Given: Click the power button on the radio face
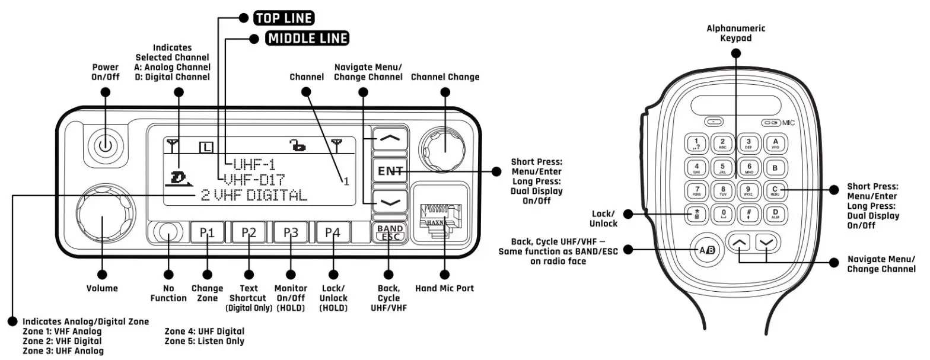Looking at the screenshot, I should click(105, 145).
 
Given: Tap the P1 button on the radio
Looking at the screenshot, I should click(206, 232).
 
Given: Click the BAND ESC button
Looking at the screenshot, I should click(389, 232).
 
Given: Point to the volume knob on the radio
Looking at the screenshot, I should click(102, 218).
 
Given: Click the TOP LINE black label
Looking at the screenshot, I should click(284, 18).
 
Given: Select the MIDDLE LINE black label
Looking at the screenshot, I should click(307, 39).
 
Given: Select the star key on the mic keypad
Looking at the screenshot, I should click(696, 214).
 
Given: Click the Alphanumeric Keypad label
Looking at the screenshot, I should click(735, 33).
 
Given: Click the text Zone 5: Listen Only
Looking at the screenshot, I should click(204, 341).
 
